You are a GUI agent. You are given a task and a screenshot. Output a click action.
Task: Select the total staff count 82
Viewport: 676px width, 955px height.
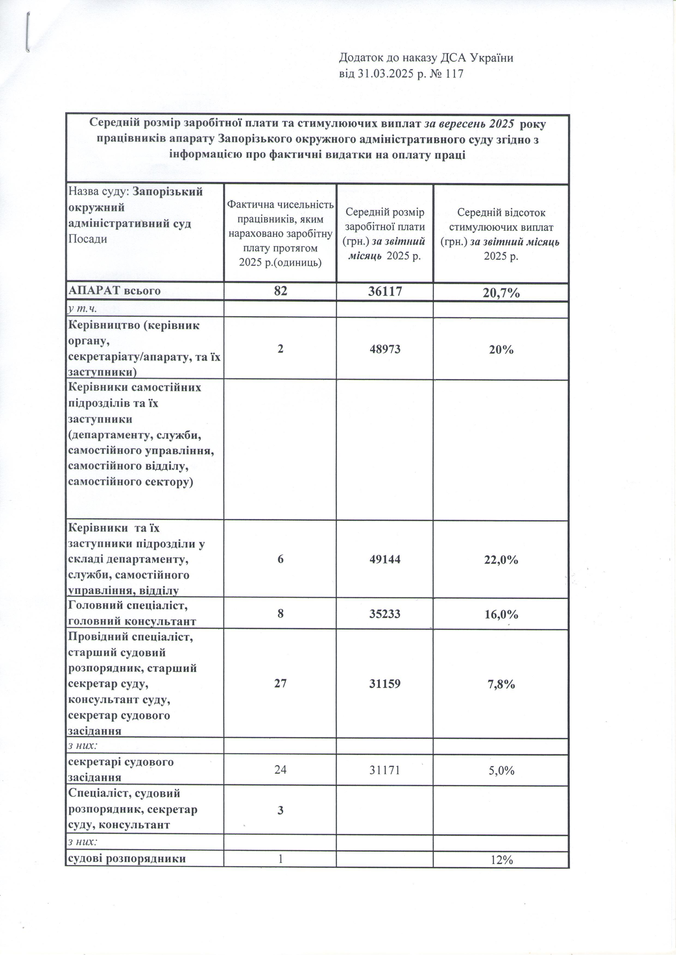click(x=280, y=291)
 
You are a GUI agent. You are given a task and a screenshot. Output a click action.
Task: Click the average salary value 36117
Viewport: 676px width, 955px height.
click(x=385, y=291)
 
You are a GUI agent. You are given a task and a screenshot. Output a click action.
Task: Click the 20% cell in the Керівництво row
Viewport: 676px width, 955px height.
click(x=501, y=349)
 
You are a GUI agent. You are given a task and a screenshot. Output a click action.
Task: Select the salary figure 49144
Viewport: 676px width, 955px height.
click(x=385, y=559)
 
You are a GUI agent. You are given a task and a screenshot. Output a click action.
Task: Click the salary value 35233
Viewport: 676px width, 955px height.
click(x=385, y=614)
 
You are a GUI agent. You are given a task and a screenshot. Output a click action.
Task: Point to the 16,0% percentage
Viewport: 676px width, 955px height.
click(x=501, y=614)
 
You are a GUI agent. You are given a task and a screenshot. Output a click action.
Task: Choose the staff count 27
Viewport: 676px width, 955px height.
click(x=280, y=684)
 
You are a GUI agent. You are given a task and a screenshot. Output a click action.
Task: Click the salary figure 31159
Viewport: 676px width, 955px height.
click(x=385, y=684)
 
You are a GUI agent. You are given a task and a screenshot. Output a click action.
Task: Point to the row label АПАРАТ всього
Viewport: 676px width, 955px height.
click(x=114, y=291)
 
